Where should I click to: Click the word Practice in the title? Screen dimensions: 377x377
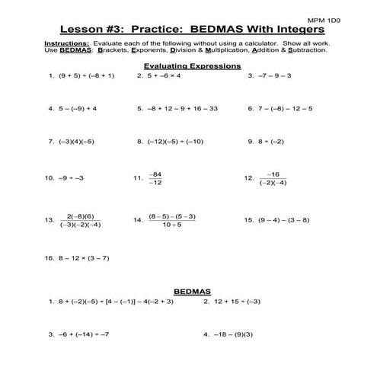[177, 29]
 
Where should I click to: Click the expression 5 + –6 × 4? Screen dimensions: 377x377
[168, 76]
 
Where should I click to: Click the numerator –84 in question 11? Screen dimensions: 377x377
[155, 173]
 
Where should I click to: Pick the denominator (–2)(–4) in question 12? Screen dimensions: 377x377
[273, 183]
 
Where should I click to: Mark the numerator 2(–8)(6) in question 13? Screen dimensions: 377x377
[80, 216]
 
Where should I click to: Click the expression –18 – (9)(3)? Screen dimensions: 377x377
[236, 334]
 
